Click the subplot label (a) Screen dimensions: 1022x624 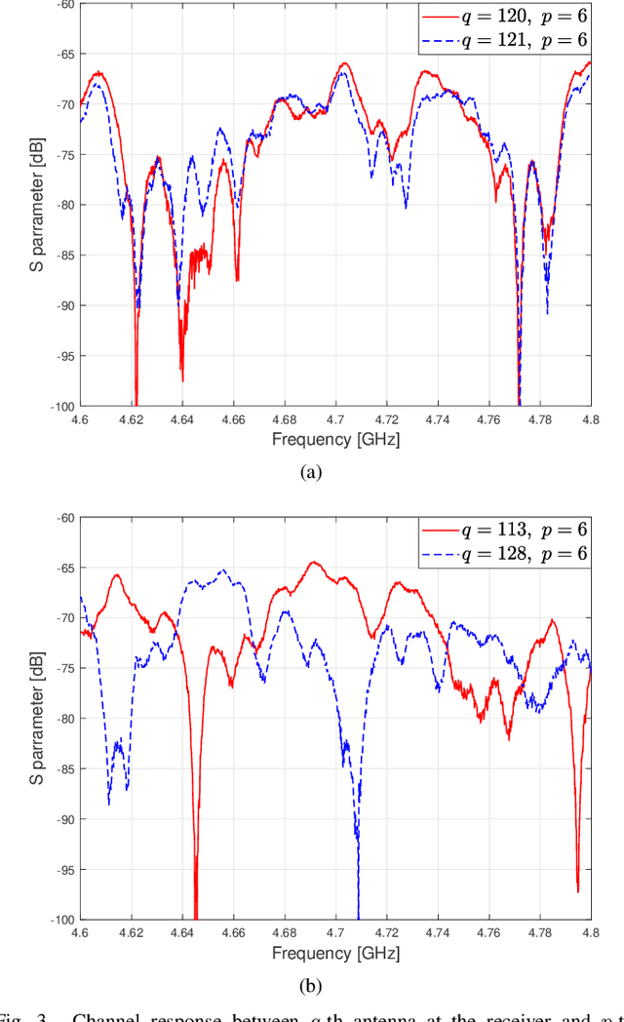pyautogui.click(x=311, y=472)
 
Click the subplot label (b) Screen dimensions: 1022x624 pyautogui.click(x=311, y=986)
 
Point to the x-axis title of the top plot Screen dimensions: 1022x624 pyautogui.click(x=335, y=439)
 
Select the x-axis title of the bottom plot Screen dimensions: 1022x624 pyautogui.click(x=335, y=953)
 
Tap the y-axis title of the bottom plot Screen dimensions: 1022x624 pyautogui.click(x=34, y=718)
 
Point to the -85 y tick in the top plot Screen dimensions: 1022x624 pyautogui.click(x=61, y=255)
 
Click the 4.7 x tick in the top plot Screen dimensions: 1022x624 pyautogui.click(x=335, y=418)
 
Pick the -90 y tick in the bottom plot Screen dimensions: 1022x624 pyautogui.click(x=61, y=819)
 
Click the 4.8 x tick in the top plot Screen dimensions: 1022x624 pyautogui.click(x=590, y=418)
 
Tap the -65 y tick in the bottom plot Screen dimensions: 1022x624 pyautogui.click(x=61, y=568)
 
